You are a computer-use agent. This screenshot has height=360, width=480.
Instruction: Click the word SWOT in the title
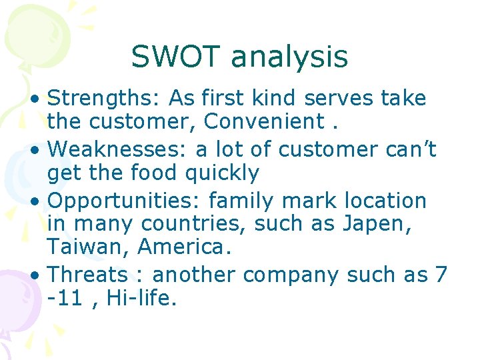click(x=177, y=57)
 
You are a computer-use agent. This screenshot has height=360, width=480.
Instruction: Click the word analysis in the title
click(x=289, y=57)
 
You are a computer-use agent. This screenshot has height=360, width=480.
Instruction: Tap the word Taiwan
click(x=88, y=248)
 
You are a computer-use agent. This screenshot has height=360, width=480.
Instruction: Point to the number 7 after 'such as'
click(x=440, y=274)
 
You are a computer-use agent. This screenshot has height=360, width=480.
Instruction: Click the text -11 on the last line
click(x=65, y=298)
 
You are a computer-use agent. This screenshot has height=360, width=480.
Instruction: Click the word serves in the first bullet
click(x=339, y=99)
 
